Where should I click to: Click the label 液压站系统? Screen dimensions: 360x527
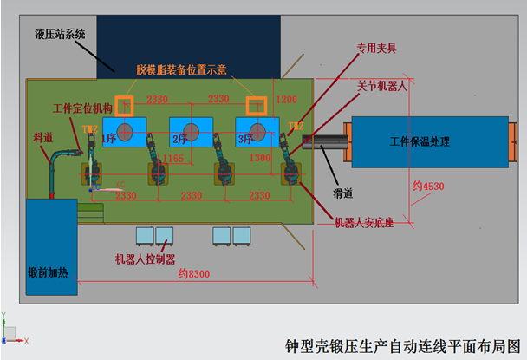(x=60, y=35)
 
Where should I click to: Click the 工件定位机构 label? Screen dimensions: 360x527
(x=82, y=108)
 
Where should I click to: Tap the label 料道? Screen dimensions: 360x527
(x=42, y=135)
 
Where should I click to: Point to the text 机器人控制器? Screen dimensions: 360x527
(x=146, y=258)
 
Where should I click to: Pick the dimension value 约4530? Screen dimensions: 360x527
(x=428, y=185)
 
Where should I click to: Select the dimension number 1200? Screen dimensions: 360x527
(x=285, y=100)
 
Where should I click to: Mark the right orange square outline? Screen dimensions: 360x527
(x=256, y=106)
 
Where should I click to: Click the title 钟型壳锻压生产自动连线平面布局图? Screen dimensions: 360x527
(x=403, y=344)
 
